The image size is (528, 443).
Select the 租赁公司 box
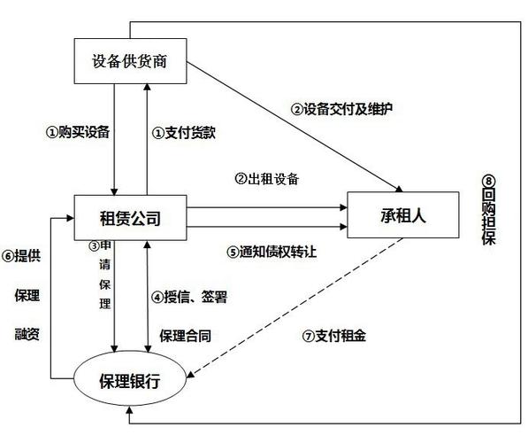click(131, 215)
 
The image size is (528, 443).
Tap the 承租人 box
click(403, 215)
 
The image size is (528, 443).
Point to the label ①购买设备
click(78, 132)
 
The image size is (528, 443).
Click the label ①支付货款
click(184, 132)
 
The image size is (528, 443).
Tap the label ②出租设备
click(266, 178)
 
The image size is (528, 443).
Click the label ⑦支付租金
click(334, 337)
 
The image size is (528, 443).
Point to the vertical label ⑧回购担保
click(489, 213)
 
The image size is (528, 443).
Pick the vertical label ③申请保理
click(104, 275)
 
